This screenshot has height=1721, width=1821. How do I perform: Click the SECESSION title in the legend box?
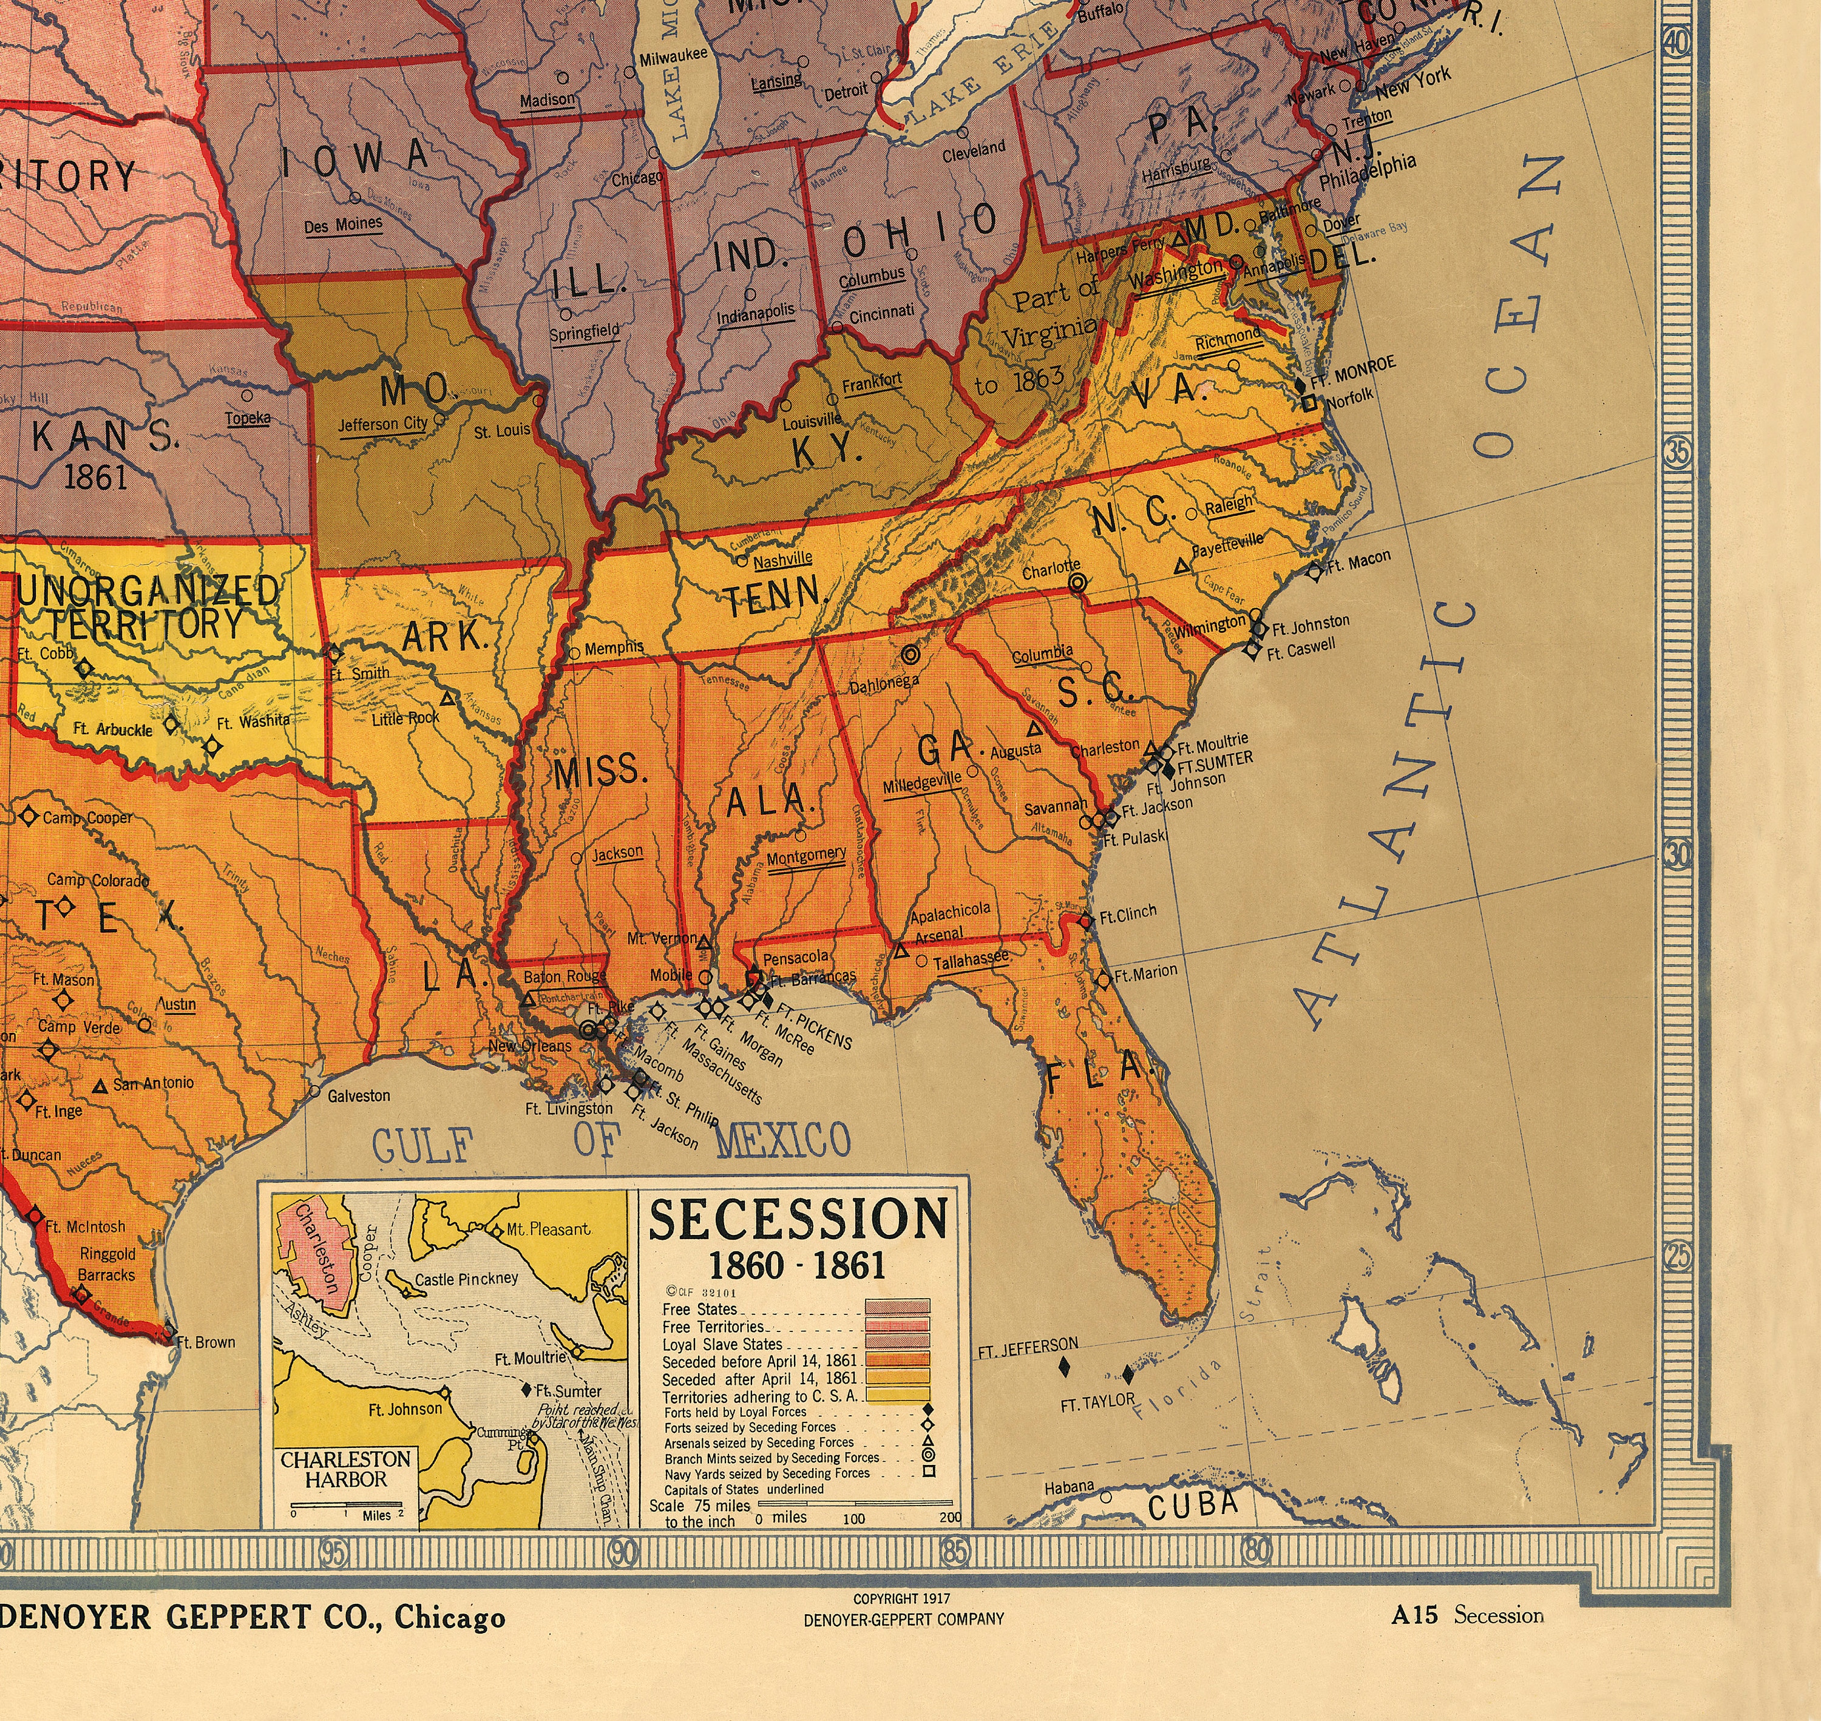(x=798, y=1219)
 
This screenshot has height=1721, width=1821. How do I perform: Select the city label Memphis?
(x=614, y=647)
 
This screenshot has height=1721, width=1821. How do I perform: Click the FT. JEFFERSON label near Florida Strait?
(x=1028, y=1346)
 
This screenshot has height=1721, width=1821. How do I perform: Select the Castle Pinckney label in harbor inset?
(x=466, y=1279)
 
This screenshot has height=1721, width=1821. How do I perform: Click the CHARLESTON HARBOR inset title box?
(x=346, y=1469)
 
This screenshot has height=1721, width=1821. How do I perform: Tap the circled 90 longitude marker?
(x=624, y=1552)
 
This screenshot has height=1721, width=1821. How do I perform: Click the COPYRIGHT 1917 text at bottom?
(x=903, y=1598)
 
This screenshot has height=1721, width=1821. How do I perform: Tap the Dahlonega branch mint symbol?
(x=910, y=654)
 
